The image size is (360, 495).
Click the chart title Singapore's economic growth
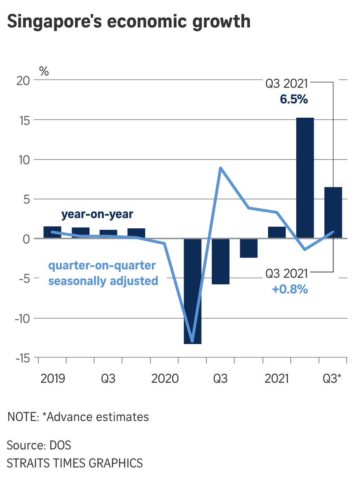tap(129, 21)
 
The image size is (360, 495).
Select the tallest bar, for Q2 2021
tap(305, 178)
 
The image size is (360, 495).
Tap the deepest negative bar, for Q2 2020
tap(193, 291)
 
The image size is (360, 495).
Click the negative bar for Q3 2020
tap(221, 261)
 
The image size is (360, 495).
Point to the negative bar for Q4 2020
tap(249, 248)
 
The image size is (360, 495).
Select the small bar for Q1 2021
tap(277, 232)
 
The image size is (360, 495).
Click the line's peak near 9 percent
tap(221, 168)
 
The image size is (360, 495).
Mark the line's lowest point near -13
tap(192, 341)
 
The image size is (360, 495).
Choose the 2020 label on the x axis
tap(164, 378)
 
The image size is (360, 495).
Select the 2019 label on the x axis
tap(53, 378)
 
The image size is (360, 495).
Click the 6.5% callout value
tap(293, 99)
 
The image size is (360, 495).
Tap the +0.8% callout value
tap(290, 289)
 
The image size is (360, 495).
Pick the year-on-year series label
tap(97, 214)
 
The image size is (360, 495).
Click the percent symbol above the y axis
tap(44, 72)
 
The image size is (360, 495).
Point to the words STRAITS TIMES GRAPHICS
tap(75, 463)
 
